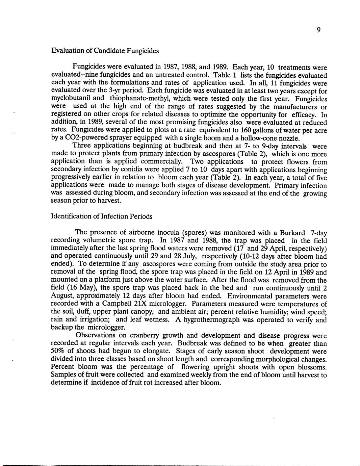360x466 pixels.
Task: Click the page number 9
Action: tap(318, 30)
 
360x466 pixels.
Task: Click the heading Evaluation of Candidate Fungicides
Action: tap(105, 51)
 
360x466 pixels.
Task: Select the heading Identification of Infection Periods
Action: tap(101, 216)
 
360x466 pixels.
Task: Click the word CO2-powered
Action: tap(77, 138)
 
